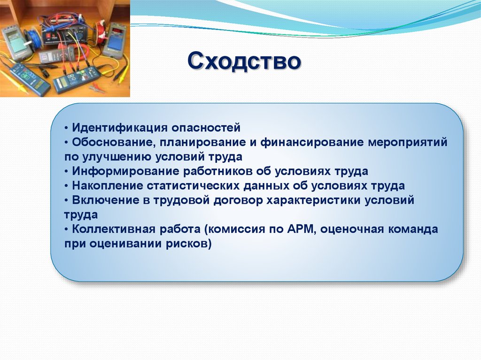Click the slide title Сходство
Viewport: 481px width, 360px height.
point(244,61)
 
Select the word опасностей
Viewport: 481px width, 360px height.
point(206,128)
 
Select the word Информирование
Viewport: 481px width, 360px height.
point(125,171)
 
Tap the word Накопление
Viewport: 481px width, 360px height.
point(108,186)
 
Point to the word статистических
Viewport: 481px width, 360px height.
point(193,186)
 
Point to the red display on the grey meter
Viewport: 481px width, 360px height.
point(117,31)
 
